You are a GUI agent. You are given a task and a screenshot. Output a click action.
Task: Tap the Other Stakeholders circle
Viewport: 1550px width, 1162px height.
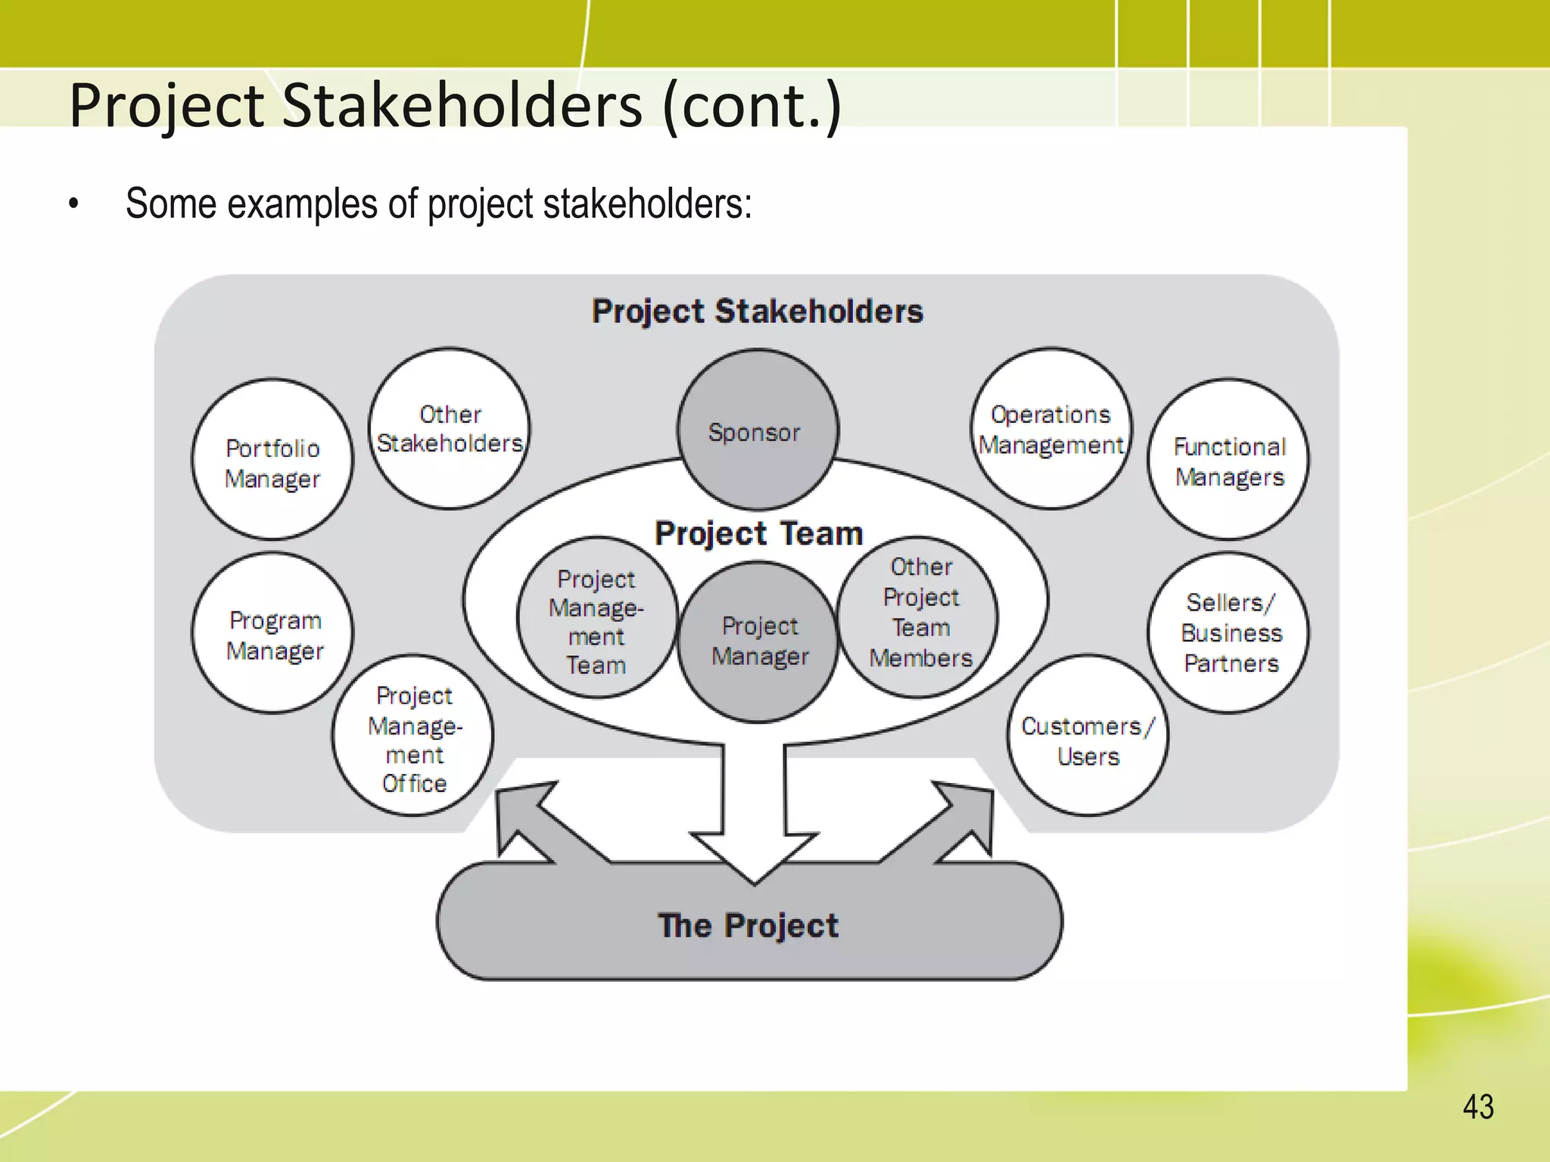click(450, 428)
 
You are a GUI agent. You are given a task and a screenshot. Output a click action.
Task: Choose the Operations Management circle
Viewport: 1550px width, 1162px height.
click(1051, 428)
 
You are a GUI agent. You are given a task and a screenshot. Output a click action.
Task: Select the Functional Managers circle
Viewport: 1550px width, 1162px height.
click(1228, 459)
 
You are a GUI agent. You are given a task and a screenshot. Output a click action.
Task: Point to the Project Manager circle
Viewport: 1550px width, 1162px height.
click(758, 642)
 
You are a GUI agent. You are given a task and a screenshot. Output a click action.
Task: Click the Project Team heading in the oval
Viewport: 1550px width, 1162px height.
click(758, 533)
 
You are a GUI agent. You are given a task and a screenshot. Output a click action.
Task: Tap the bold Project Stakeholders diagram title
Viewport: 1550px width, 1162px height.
click(757, 311)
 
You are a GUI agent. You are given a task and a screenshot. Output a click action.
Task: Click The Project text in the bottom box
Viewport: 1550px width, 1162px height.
click(748, 925)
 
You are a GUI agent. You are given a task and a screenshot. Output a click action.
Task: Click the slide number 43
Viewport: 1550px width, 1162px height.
click(1478, 1107)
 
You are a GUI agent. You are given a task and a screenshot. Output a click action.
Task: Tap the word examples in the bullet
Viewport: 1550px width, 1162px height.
click(301, 204)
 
